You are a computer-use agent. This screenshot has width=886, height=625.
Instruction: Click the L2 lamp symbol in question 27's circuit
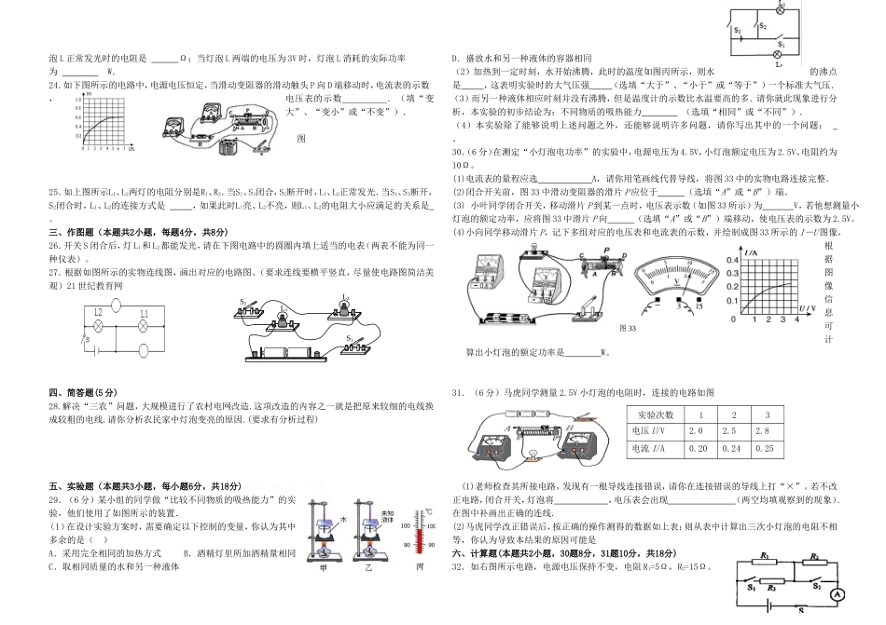(x=97, y=329)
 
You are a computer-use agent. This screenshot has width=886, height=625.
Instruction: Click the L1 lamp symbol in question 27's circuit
(x=144, y=329)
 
